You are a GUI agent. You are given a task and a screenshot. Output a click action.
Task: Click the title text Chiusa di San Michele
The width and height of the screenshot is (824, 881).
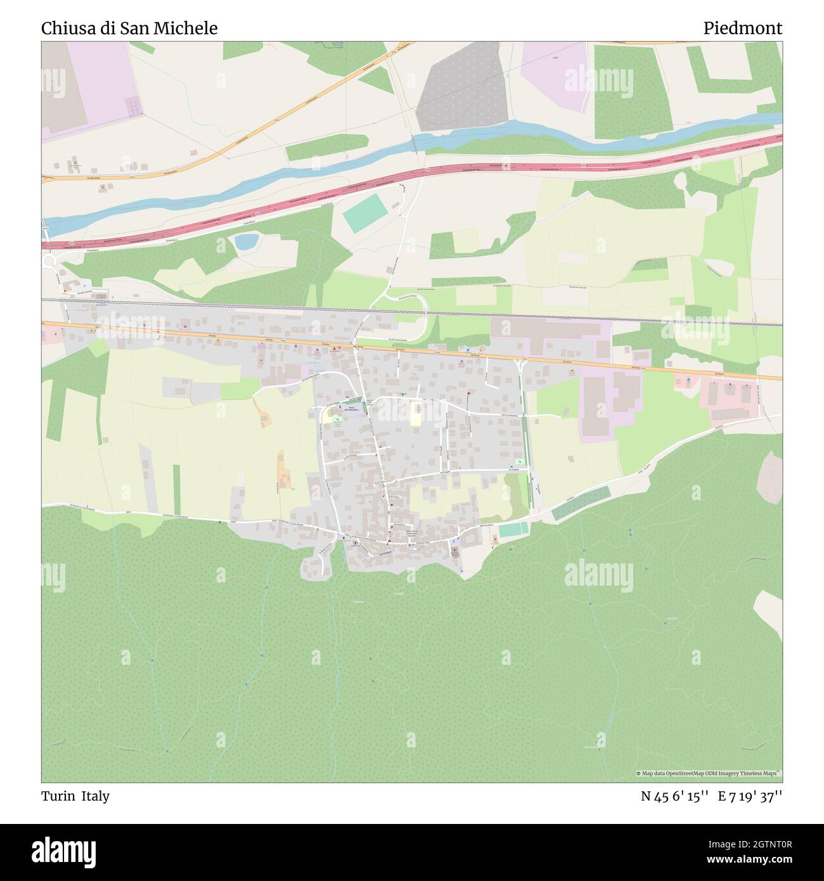tap(129, 29)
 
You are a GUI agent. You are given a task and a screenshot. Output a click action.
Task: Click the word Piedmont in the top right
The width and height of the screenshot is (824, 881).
tap(742, 29)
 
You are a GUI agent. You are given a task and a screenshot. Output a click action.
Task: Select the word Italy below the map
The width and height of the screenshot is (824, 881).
tap(95, 796)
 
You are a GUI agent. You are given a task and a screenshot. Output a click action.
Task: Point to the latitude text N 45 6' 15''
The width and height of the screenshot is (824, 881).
tap(674, 796)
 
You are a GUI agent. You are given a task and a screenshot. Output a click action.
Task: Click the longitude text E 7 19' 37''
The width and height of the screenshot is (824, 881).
tap(750, 796)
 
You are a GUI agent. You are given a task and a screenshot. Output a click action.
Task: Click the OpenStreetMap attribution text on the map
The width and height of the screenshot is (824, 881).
tap(709, 773)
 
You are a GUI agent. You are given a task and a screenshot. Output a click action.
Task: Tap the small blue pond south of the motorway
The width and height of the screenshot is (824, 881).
tap(246, 241)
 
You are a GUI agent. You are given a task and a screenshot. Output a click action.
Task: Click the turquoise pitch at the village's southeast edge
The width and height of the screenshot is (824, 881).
tap(513, 529)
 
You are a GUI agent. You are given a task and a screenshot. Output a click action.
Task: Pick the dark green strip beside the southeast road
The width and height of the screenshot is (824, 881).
tap(581, 503)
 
